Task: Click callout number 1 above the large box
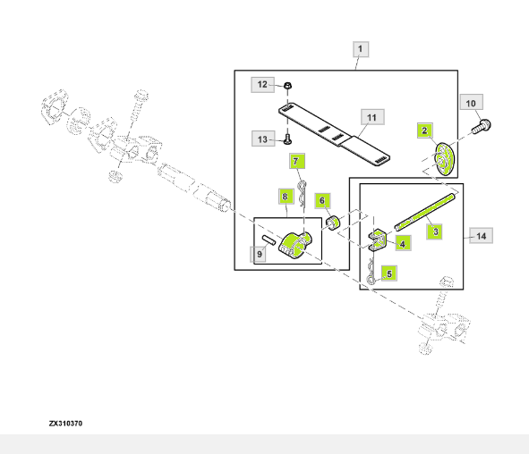[361, 49]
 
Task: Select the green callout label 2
[425, 130]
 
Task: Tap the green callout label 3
[436, 231]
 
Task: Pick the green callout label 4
[403, 243]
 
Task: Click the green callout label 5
[389, 273]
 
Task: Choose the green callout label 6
[322, 201]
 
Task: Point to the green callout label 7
[297, 162]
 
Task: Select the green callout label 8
[286, 197]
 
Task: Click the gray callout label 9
[259, 255]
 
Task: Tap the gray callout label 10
[472, 103]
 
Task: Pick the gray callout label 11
[371, 118]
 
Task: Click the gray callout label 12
[262, 85]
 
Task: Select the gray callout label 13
[263, 139]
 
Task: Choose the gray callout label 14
[481, 236]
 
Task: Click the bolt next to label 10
[482, 127]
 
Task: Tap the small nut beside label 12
[287, 85]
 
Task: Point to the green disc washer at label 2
[444, 159]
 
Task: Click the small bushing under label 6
[333, 223]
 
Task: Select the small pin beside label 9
[269, 240]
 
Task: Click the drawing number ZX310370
[65, 424]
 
